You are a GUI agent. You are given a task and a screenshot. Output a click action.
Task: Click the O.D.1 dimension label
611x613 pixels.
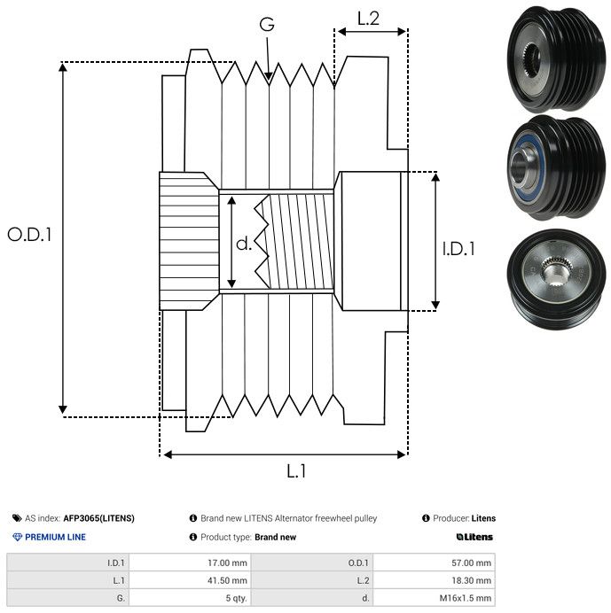(30, 236)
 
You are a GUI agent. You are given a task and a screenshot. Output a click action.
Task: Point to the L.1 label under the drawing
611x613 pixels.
(296, 472)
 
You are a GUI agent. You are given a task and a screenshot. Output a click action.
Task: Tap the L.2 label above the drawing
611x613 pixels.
(369, 19)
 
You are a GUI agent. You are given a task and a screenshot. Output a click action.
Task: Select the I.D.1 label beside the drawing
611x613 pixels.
(458, 250)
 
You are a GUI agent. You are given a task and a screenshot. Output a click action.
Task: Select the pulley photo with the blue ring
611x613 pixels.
(551, 167)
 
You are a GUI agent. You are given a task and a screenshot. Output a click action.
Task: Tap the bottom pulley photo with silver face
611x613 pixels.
(551, 279)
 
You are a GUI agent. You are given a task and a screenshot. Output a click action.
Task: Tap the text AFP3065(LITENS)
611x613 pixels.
(98, 518)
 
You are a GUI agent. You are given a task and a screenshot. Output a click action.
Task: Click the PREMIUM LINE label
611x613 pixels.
(55, 537)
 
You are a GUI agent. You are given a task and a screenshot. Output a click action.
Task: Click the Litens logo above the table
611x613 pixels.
(474, 537)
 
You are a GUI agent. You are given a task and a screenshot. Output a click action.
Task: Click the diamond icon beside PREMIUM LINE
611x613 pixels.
(17, 537)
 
